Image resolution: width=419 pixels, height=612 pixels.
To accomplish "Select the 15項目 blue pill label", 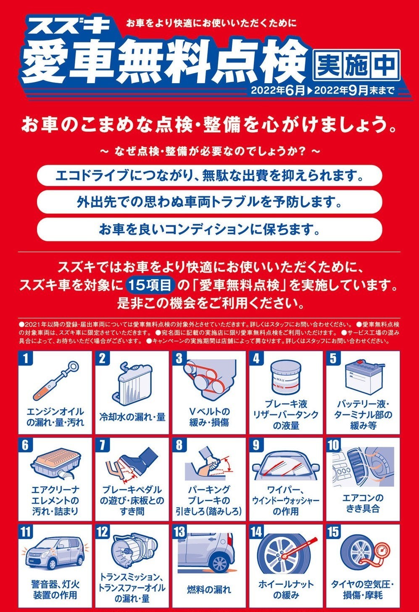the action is coord(150,285).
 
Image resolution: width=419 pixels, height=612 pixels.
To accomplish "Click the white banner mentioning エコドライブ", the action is coord(209,175).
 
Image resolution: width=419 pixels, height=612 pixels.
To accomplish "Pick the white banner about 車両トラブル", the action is coord(209,202).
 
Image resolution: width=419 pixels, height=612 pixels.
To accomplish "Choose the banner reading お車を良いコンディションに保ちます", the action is coord(209,229).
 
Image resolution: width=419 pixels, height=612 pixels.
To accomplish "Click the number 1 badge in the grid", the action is coord(25,358).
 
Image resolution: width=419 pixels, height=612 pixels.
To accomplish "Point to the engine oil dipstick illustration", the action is coord(56,380).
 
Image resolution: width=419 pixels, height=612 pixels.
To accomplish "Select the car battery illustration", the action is coord(363,378).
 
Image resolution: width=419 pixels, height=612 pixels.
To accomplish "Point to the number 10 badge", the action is coord(333,445).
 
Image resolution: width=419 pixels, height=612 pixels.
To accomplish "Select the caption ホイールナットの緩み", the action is coord(286,589).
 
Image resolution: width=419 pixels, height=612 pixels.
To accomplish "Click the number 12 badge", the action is coord(103,532).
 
